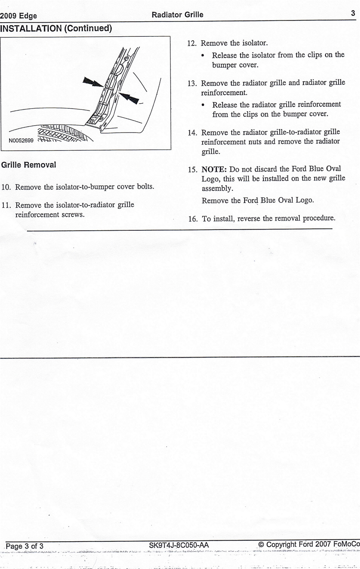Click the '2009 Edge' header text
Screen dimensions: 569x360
[x=19, y=16]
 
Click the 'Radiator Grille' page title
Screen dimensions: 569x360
[x=177, y=15]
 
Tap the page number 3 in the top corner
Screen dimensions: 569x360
[x=353, y=14]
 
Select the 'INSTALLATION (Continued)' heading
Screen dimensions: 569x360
[x=56, y=28]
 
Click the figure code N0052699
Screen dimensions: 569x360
[x=21, y=140]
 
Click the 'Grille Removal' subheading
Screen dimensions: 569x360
[x=29, y=165]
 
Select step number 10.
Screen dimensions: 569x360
[x=6, y=187]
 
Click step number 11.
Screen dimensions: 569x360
[x=6, y=206]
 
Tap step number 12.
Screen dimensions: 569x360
[x=192, y=44]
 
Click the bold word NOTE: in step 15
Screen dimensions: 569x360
[x=214, y=169]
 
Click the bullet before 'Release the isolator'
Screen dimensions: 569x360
[x=204, y=56]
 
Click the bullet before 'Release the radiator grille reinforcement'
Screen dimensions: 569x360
[x=204, y=105]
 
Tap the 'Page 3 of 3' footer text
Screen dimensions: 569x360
[x=25, y=546]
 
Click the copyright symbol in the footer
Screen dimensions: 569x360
[x=261, y=545]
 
